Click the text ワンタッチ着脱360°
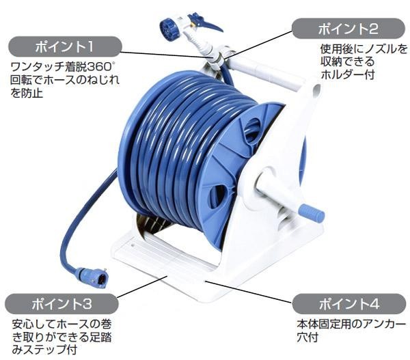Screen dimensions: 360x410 (x=62, y=68)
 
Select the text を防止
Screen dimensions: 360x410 (x=27, y=93)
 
